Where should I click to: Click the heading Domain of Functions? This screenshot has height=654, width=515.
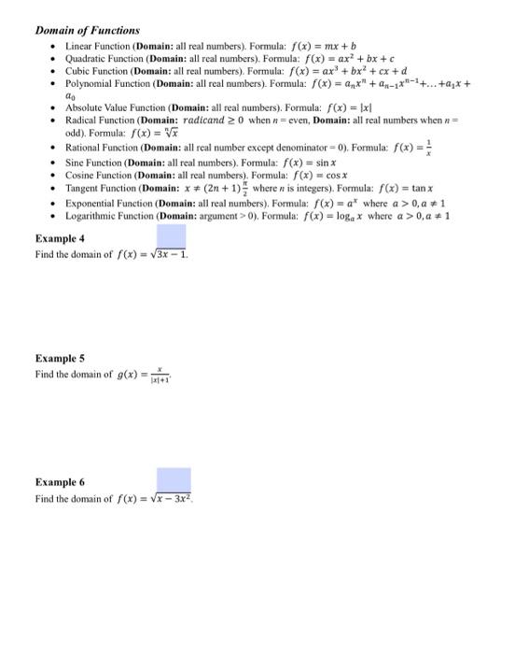tap(87, 31)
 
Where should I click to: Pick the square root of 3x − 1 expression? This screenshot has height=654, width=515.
tap(168, 254)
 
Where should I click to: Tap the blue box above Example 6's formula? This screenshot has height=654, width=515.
tap(174, 479)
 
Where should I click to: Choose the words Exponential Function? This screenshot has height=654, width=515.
tap(108, 202)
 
